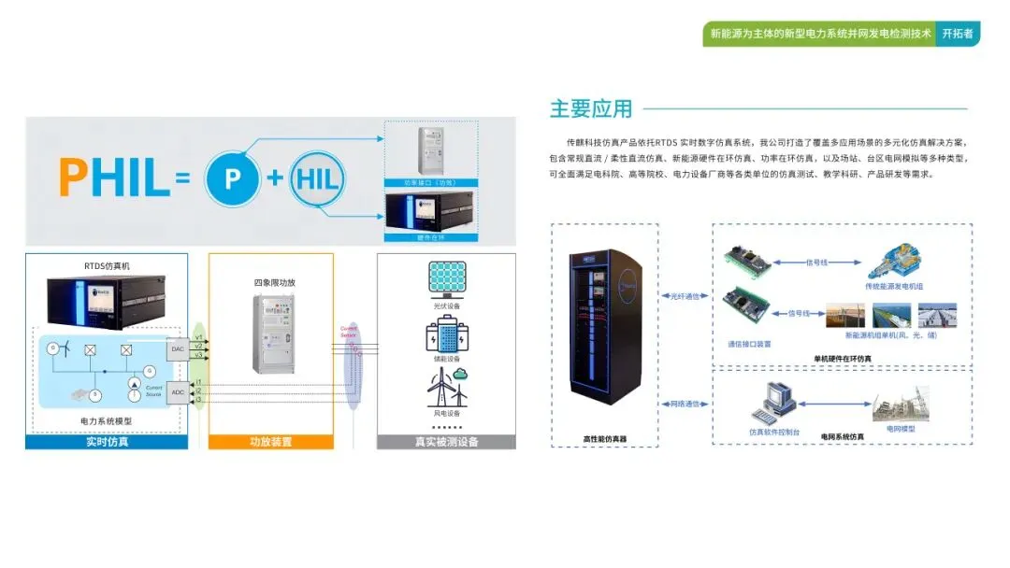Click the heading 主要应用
click(x=591, y=108)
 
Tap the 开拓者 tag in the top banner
click(x=957, y=34)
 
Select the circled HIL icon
click(x=315, y=177)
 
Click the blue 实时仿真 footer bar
click(x=107, y=441)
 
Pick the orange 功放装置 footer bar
click(x=271, y=441)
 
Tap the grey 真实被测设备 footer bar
click(x=446, y=441)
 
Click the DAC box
click(x=177, y=348)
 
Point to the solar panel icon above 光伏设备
click(x=446, y=277)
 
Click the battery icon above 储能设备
click(x=446, y=334)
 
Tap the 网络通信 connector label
click(x=685, y=404)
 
